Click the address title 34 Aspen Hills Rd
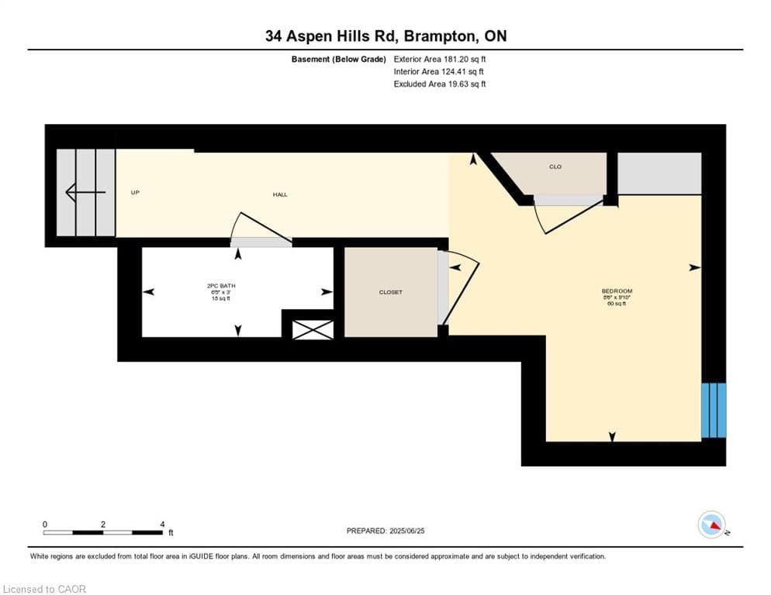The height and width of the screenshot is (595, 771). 385,36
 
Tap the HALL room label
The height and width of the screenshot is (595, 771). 280,194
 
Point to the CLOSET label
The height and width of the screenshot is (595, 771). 390,292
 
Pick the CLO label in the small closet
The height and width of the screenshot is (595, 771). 555,167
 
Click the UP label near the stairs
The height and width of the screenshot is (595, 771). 135,192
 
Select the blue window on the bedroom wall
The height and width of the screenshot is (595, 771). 714,410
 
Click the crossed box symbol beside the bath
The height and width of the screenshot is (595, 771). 312,328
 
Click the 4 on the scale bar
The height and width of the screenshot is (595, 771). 161,524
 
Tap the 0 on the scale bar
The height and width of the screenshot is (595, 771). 45,524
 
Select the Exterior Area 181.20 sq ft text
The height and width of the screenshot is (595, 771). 440,59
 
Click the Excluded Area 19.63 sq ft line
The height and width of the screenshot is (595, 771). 440,84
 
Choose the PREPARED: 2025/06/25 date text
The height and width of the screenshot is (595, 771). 385,531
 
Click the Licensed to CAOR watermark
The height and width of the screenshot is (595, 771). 45,589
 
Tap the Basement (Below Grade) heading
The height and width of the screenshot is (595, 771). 338,59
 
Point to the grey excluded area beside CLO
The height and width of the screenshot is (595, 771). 659,174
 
